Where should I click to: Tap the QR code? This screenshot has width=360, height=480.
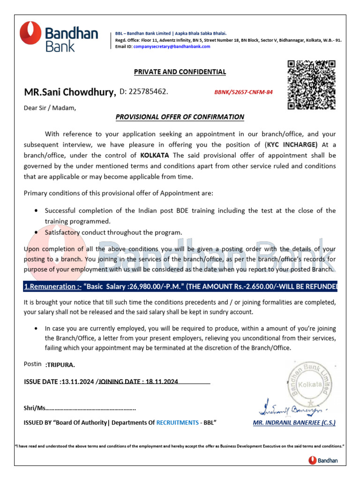pos(311,85)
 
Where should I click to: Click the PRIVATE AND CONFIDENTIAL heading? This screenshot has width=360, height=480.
pos(180,72)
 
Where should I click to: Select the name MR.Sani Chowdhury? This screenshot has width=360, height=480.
pos(70,92)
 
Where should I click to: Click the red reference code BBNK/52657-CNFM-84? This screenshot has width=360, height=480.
pos(243,92)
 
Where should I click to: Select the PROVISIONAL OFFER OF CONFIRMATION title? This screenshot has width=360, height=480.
pos(180,117)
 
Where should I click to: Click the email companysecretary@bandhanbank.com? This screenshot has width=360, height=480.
pos(172,46)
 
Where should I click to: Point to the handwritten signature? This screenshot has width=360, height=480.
pos(289,407)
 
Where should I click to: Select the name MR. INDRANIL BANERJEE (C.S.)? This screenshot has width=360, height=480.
pos(294,422)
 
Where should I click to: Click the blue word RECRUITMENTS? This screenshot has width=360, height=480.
pos(177,422)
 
